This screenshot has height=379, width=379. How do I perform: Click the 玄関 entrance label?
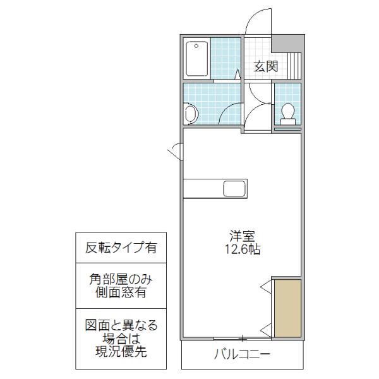point(266,66)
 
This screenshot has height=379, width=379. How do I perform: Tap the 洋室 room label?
point(243,236)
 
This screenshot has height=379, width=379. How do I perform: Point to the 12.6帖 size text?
point(243,249)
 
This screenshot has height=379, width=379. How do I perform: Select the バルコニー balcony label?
point(242,354)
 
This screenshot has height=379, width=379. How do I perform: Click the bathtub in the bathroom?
point(196,59)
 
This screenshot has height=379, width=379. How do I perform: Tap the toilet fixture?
point(287,114)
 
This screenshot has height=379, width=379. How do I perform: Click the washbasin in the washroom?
point(191,114)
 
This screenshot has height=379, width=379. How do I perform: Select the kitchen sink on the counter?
point(234,188)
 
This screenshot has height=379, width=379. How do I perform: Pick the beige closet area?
point(287,308)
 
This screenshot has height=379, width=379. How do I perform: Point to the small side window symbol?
point(175,152)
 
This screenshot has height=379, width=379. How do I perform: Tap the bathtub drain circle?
point(196,46)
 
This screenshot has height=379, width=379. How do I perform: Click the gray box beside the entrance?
point(287,44)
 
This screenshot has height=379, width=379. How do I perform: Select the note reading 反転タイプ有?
point(121,247)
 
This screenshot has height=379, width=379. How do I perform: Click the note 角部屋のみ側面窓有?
point(121,286)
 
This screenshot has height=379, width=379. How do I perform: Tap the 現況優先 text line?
point(121,351)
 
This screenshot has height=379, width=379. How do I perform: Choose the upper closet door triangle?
point(266,287)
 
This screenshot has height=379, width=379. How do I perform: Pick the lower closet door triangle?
point(266,330)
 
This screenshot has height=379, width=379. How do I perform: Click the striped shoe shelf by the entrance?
point(294,66)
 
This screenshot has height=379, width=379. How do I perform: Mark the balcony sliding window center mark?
point(243,339)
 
